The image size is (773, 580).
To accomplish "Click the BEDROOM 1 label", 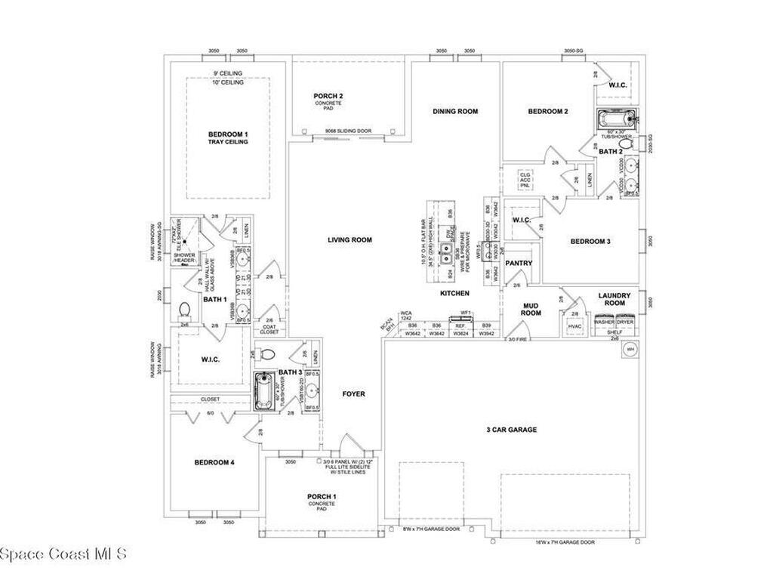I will click(x=228, y=134).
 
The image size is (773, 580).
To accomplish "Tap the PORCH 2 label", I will click(x=328, y=96).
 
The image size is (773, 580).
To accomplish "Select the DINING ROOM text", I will click(x=455, y=112).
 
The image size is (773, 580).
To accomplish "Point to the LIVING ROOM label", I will click(x=350, y=240).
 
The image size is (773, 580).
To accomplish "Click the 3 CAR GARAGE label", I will click(x=511, y=430).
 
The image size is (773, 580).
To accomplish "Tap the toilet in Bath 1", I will click(x=183, y=310).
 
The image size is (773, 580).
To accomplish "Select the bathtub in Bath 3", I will click(x=263, y=390).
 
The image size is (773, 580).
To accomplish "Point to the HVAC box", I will click(x=574, y=326).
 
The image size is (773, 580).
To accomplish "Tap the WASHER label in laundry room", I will click(x=604, y=322).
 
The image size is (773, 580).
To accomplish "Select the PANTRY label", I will click(x=519, y=264).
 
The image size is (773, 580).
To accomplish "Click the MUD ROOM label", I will click(x=532, y=309).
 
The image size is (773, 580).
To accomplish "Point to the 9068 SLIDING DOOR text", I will click(x=349, y=131).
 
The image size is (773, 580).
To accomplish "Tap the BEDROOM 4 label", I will click(x=214, y=462).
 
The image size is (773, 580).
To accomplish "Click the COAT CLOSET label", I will click(x=269, y=329).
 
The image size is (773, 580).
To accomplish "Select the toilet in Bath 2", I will click(x=624, y=142).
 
